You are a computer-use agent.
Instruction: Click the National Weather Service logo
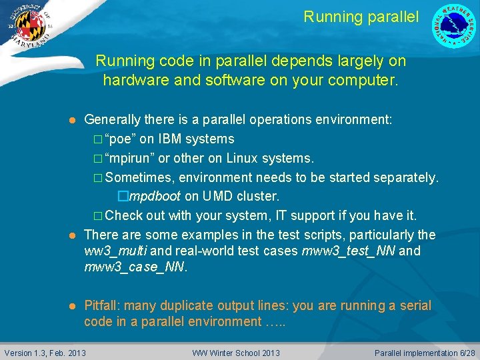(x=455, y=26)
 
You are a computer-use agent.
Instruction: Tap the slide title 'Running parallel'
(x=361, y=17)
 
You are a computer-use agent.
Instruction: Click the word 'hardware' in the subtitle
(x=131, y=81)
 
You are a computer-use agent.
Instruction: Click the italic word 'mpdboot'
(x=155, y=197)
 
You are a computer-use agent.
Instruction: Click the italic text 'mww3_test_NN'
(x=348, y=251)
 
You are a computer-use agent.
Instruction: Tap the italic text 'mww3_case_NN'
(x=135, y=267)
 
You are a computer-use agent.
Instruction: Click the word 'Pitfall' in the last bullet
(x=101, y=305)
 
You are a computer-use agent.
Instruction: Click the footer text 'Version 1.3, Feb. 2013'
(x=45, y=353)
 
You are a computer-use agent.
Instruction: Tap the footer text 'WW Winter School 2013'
(x=236, y=353)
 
